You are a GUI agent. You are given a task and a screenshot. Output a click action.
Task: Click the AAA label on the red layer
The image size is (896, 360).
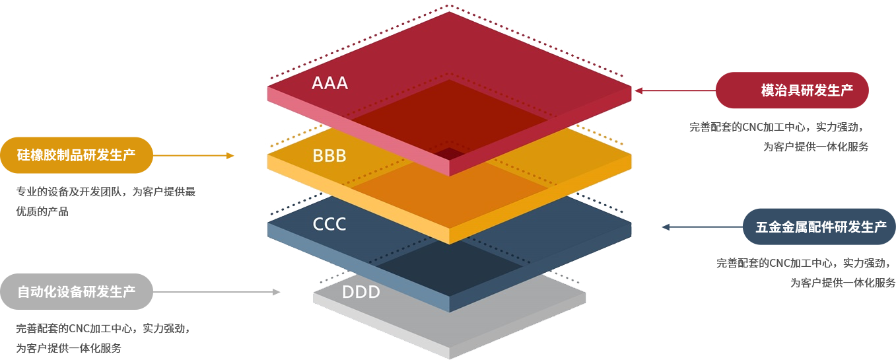(x=329, y=83)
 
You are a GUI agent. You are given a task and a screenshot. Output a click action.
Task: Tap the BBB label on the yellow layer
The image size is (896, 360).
(x=329, y=156)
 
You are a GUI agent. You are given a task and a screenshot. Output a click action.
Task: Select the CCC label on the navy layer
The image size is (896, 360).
(x=329, y=224)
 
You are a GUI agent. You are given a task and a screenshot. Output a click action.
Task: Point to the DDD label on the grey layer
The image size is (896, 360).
(x=361, y=291)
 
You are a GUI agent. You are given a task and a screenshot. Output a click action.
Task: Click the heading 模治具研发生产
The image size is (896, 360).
(x=807, y=90)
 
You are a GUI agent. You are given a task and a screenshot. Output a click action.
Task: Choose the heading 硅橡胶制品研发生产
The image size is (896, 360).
(x=77, y=155)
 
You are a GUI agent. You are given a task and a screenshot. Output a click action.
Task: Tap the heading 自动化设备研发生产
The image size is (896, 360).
(x=77, y=291)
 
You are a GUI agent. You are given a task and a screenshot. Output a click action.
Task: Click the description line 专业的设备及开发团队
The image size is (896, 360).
(x=106, y=192)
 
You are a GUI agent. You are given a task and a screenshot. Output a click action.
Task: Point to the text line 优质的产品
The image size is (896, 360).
(x=42, y=211)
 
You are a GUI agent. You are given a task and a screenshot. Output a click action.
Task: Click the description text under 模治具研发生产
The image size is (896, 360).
(x=779, y=137)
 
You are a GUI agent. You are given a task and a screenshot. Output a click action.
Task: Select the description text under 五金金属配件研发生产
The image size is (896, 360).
(x=806, y=272)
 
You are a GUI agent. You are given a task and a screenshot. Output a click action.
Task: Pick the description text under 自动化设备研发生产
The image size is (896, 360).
(x=103, y=338)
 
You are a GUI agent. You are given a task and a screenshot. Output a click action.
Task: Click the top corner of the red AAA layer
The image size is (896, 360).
(x=450, y=13)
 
